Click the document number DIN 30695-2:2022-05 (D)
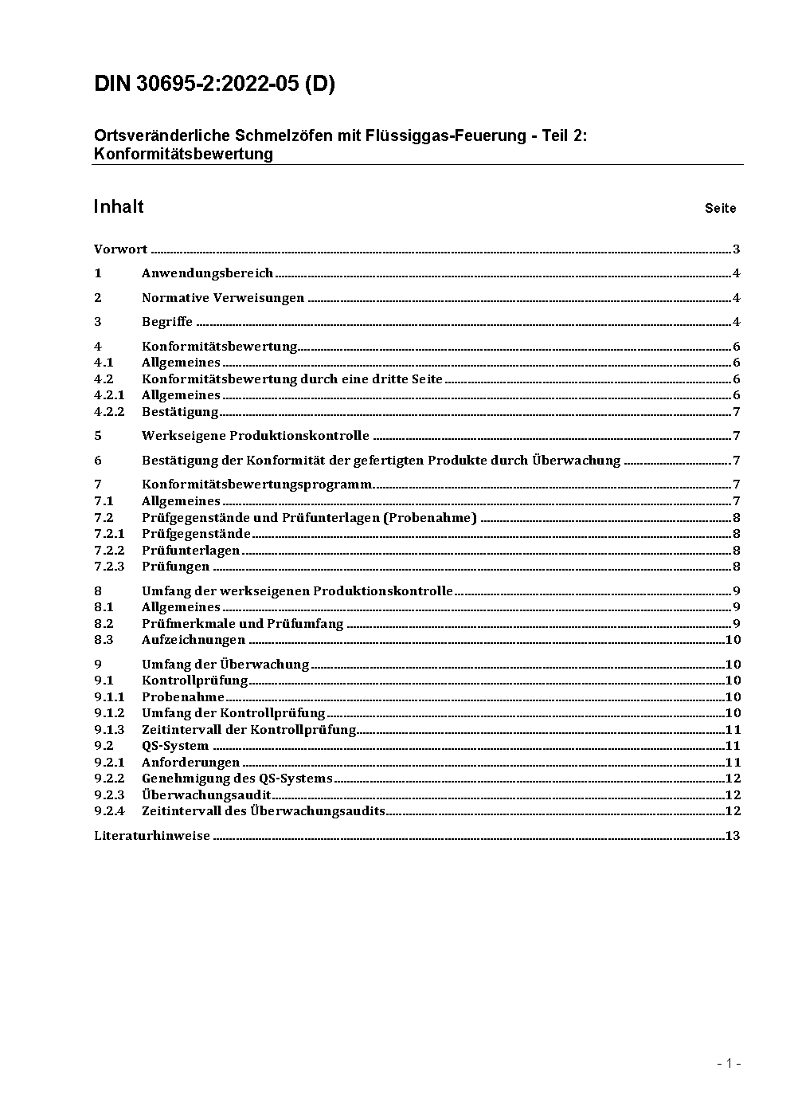(214, 84)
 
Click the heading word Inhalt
(119, 207)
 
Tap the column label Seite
(720, 209)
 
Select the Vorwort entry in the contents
(120, 249)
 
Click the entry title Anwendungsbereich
(207, 273)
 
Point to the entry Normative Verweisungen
(223, 298)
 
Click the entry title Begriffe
(167, 322)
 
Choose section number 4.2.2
(109, 412)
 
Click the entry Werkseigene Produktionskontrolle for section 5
(256, 436)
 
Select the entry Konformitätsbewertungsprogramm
(256, 484)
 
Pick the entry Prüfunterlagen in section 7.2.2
(190, 551)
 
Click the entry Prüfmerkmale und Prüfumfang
(243, 624)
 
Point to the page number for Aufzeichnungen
(733, 640)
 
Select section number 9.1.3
(109, 730)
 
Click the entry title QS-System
(175, 746)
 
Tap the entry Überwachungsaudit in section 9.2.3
(206, 795)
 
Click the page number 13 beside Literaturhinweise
(733, 836)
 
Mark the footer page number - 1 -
(729, 1063)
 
